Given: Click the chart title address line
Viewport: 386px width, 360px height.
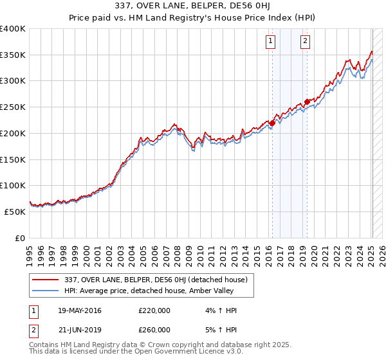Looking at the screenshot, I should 192,7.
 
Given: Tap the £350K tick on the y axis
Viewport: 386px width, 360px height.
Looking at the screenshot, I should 13,55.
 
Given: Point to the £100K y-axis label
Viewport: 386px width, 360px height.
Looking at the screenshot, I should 13,186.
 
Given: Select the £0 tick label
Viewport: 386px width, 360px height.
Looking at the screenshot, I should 20,239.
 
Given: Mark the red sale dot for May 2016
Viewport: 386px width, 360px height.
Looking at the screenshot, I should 272,123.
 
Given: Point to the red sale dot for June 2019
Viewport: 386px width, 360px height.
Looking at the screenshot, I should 308,102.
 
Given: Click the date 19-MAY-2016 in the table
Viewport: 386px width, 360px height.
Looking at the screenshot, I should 79,311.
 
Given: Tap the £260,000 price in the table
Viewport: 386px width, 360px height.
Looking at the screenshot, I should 154,330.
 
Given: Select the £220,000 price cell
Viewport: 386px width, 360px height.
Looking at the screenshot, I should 154,311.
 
